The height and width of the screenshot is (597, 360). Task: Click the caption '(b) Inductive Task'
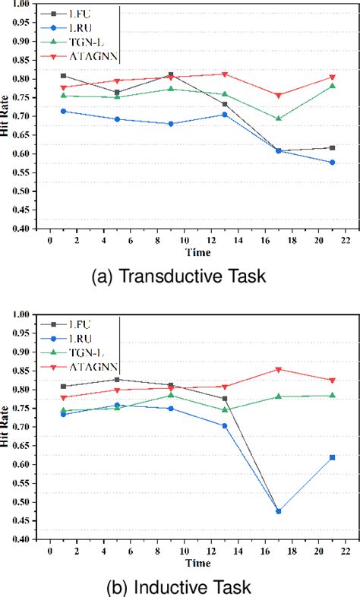coord(178,586)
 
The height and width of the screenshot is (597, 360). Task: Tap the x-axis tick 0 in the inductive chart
coord(49,549)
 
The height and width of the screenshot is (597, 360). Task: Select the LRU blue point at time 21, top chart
coord(332,162)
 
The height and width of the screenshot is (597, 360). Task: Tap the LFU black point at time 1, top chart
coord(63,76)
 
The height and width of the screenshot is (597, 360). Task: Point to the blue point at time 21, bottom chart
coord(332,457)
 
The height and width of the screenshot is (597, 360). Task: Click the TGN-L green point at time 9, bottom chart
coord(172,395)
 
